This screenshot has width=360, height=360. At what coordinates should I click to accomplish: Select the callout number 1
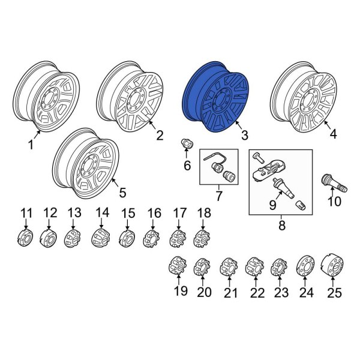pos(30,145)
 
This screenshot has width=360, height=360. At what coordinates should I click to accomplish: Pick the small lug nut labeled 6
pos(187,145)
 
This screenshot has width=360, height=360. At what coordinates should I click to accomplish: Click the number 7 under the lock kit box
pos(218,196)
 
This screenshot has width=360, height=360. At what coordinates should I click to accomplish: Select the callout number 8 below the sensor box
pos(280,225)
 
